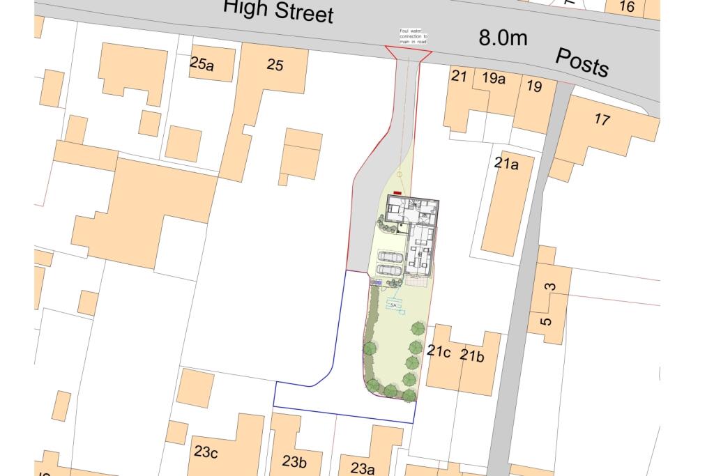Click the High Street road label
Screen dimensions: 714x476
278,12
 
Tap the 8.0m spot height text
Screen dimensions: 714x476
503,38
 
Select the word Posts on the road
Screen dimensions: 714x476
582,63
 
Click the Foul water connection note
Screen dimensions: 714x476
413,37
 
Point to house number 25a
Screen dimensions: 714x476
202,63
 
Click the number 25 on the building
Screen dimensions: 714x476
275,65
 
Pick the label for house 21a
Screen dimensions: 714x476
506,164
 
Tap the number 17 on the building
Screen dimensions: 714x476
602,119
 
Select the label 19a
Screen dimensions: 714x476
494,78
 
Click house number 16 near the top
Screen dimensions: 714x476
626,7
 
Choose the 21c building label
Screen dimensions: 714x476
439,351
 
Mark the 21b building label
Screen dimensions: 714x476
471,357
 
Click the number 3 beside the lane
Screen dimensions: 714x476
550,286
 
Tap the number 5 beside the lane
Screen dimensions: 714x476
547,321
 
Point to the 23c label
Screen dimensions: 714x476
206,452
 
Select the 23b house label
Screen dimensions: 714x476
294,461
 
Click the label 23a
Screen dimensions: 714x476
363,468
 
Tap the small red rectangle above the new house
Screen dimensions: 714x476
397,193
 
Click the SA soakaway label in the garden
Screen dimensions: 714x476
393,305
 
